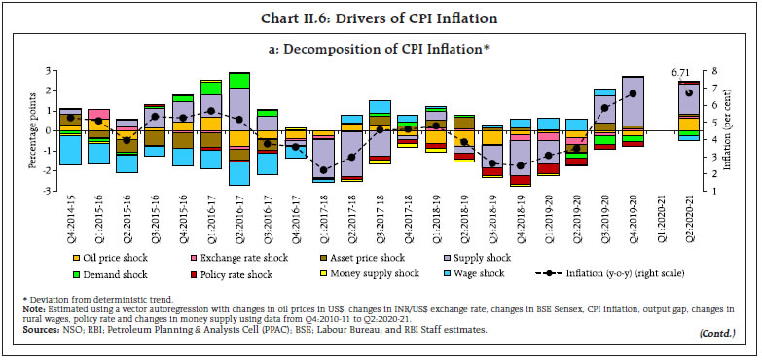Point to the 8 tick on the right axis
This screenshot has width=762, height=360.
pos(715,70)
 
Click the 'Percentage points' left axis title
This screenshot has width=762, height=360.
pos(31,131)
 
